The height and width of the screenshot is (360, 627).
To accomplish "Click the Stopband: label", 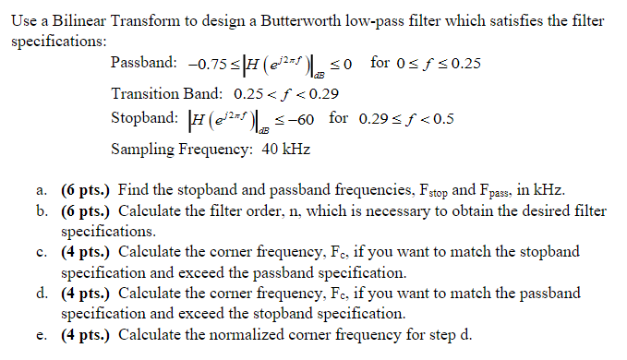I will point(144,118).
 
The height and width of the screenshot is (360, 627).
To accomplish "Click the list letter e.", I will point(42,334).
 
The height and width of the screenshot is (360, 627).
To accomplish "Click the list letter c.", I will point(42,252).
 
